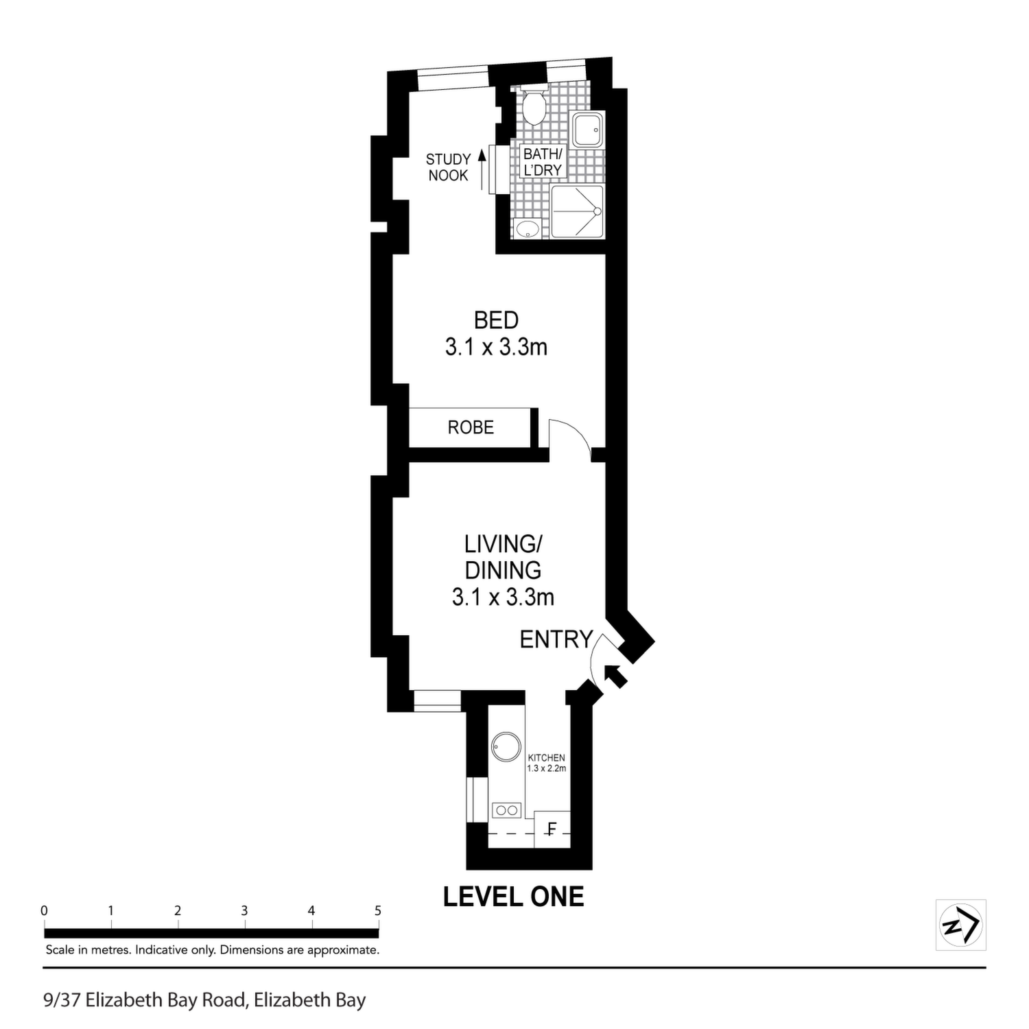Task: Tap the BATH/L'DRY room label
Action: (543, 162)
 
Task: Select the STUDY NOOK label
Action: (448, 167)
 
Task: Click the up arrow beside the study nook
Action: (482, 169)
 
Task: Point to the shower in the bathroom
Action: (578, 212)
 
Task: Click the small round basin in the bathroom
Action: (527, 228)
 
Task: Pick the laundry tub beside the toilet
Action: (588, 129)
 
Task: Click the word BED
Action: (497, 320)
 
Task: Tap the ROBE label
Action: (471, 427)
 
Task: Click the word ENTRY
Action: (556, 639)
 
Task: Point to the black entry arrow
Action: (616, 675)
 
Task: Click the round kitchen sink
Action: (507, 746)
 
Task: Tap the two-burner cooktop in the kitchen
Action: (507, 810)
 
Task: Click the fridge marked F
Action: (552, 829)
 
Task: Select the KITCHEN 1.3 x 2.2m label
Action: (547, 763)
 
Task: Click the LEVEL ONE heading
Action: (514, 897)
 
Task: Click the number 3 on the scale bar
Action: (244, 911)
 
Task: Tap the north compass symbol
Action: (961, 925)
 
